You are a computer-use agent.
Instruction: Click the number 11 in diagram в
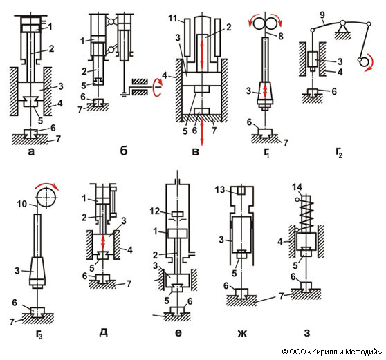[x=174, y=19]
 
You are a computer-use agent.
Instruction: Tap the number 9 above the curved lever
[x=322, y=15]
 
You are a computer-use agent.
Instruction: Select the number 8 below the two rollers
[x=281, y=37]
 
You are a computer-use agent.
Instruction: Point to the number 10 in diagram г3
[x=21, y=204]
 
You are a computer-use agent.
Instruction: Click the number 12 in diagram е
[x=155, y=211]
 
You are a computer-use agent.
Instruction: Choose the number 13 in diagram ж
[x=219, y=189]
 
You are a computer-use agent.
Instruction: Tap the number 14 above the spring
[x=297, y=187]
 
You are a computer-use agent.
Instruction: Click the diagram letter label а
[x=31, y=152]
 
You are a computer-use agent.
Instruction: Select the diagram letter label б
[x=124, y=151]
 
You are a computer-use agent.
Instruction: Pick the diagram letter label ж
[x=242, y=334]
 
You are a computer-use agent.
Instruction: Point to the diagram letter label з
[x=306, y=333]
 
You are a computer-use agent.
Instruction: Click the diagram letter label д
[x=103, y=333]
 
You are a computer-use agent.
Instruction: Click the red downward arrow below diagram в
[x=202, y=132]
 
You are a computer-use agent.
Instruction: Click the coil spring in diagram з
[x=305, y=212]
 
